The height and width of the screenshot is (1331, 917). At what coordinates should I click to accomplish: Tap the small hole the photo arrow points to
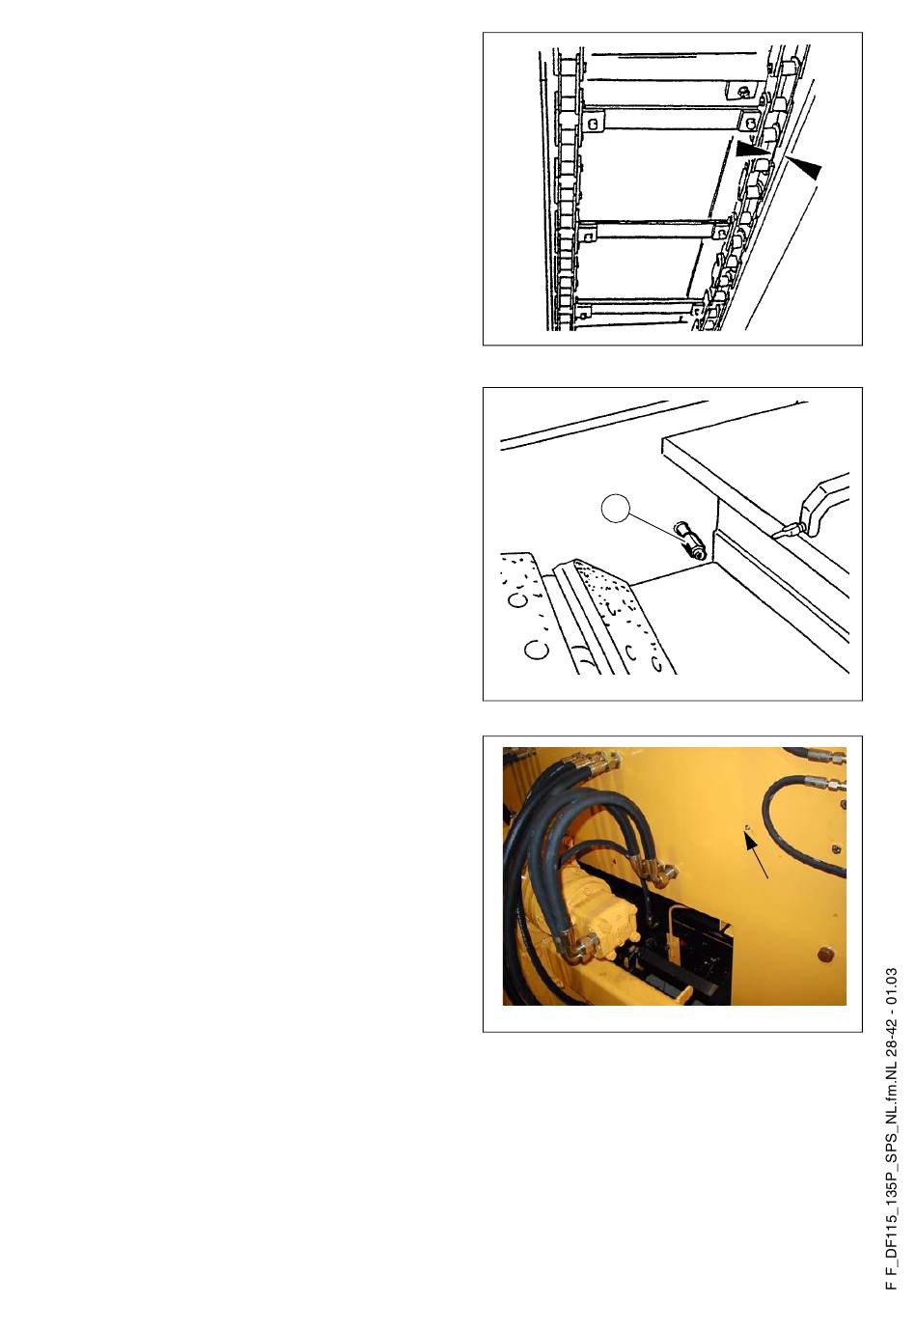(x=747, y=827)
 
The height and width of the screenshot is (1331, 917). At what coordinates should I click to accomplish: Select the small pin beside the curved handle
(x=787, y=531)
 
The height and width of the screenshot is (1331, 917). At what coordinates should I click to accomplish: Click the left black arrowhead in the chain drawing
(x=751, y=149)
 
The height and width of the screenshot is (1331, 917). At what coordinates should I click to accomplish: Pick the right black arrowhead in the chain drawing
(x=806, y=168)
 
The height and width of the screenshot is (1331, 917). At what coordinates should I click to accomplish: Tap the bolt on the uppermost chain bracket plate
(x=741, y=92)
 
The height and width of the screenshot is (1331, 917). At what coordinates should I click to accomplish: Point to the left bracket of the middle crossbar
(x=587, y=236)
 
